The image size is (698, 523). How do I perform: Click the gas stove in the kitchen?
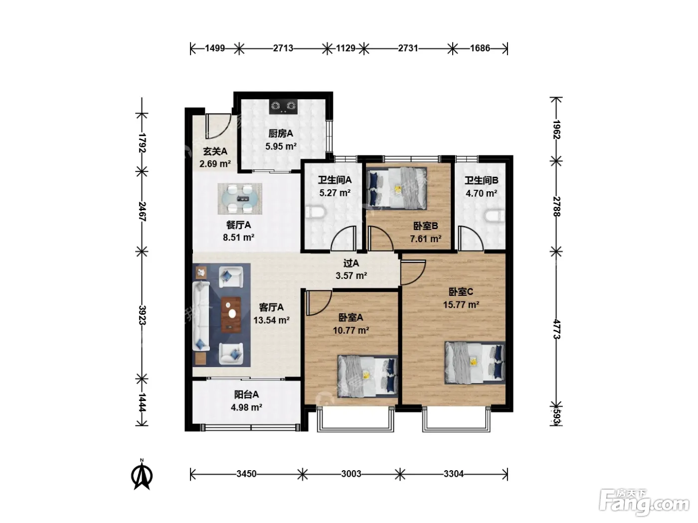[283, 107]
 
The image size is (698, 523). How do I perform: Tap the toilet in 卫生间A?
[315, 213]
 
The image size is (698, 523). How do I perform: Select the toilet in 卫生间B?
[495, 216]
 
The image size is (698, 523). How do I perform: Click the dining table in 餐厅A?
[240, 199]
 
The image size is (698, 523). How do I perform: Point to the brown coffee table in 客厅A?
[231, 315]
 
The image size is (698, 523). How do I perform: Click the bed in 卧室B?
[396, 188]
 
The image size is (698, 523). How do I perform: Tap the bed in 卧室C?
[475, 363]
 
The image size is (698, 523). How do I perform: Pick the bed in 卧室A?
[367, 376]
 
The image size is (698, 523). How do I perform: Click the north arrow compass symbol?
[142, 474]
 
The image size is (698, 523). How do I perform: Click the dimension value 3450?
[246, 474]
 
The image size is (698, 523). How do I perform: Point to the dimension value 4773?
[556, 329]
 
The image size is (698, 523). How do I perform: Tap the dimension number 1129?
[346, 48]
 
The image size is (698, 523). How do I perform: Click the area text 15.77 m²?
[461, 305]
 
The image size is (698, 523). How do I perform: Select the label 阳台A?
[246, 394]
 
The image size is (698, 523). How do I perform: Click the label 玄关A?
[215, 151]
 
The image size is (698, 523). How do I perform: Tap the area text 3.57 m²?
[351, 275]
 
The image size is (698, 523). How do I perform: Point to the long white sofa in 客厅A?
[201, 316]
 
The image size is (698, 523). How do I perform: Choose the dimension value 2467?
[142, 212]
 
